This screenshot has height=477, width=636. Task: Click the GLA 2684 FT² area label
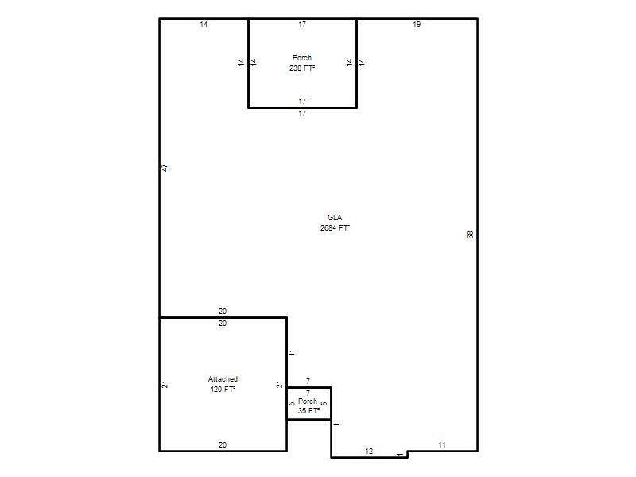335,223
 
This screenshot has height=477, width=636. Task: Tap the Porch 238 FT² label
302,63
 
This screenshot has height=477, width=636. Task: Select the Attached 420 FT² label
223,384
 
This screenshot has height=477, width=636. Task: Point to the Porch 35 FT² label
308,406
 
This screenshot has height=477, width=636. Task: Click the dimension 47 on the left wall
165,168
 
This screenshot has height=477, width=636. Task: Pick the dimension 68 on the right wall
471,235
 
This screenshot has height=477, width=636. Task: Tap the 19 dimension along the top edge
417,25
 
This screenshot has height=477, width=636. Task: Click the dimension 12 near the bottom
369,451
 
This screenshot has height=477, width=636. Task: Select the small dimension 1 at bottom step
401,454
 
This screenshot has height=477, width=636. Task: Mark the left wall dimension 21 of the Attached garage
165,384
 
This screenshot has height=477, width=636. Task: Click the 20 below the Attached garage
223,445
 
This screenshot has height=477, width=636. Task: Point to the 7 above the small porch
308,382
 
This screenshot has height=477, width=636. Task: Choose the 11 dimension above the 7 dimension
292,352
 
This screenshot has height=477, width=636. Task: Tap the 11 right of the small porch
336,422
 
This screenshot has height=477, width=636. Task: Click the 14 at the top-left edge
204,25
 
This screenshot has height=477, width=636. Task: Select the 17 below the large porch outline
302,114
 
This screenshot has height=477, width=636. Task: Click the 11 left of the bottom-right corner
442,445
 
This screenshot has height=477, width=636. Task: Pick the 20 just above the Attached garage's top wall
223,312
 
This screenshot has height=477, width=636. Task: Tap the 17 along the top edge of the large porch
302,25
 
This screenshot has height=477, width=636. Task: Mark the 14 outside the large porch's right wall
362,62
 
